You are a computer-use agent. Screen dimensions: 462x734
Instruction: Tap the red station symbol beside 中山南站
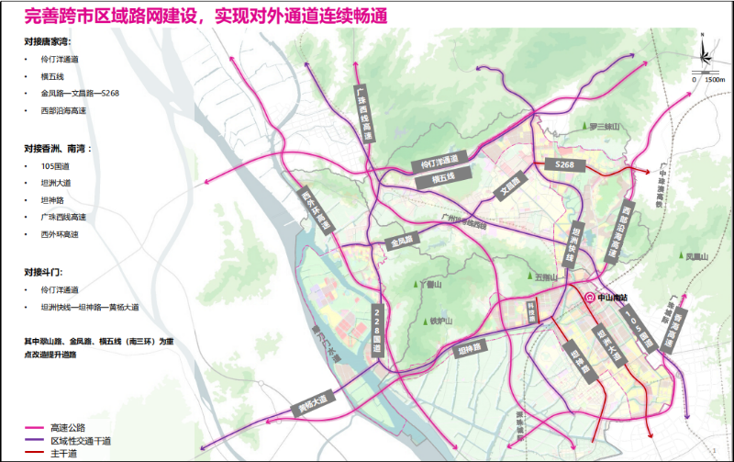[591, 297]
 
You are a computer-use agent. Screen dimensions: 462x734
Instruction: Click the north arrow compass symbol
[703, 54]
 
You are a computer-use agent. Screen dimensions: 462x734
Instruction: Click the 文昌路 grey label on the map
[510, 186]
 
